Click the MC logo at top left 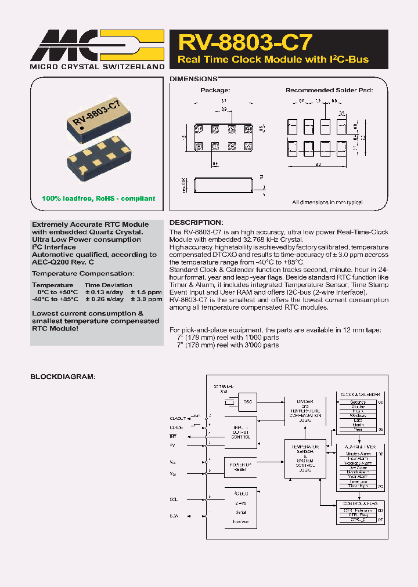click(x=96, y=44)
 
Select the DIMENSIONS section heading click(x=193, y=79)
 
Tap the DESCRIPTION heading click(x=196, y=223)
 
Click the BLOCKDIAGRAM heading click(x=62, y=377)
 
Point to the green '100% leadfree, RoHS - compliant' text click(x=99, y=198)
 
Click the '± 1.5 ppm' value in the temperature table click(x=146, y=292)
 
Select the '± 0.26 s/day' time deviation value click(x=104, y=299)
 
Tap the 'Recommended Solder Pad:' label click(x=329, y=90)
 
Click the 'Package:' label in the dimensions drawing click(x=215, y=90)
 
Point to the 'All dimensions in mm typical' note click(x=327, y=202)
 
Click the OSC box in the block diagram click(x=247, y=402)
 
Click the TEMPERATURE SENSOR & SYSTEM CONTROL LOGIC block click(x=304, y=459)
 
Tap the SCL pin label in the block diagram click(x=174, y=498)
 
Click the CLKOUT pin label click(x=178, y=417)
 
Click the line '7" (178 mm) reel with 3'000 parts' click(x=228, y=345)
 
